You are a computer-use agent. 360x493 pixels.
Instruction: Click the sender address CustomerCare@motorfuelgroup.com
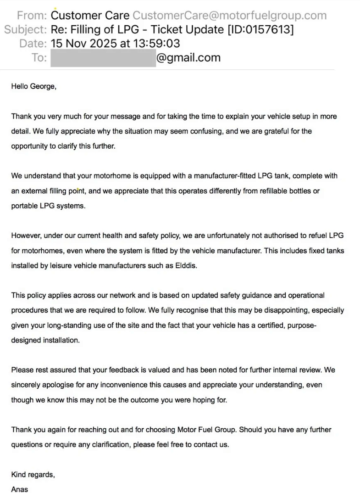[x=229, y=15]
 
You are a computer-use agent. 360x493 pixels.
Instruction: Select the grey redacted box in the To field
[x=103, y=58]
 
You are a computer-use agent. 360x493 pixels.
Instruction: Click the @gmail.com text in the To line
[x=188, y=58]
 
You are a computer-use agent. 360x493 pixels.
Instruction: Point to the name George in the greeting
[x=42, y=86]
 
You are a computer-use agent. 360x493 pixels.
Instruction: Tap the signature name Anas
[x=20, y=489]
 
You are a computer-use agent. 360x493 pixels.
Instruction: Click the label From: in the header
[x=32, y=15]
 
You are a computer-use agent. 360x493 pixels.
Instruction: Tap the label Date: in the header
[x=33, y=44]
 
